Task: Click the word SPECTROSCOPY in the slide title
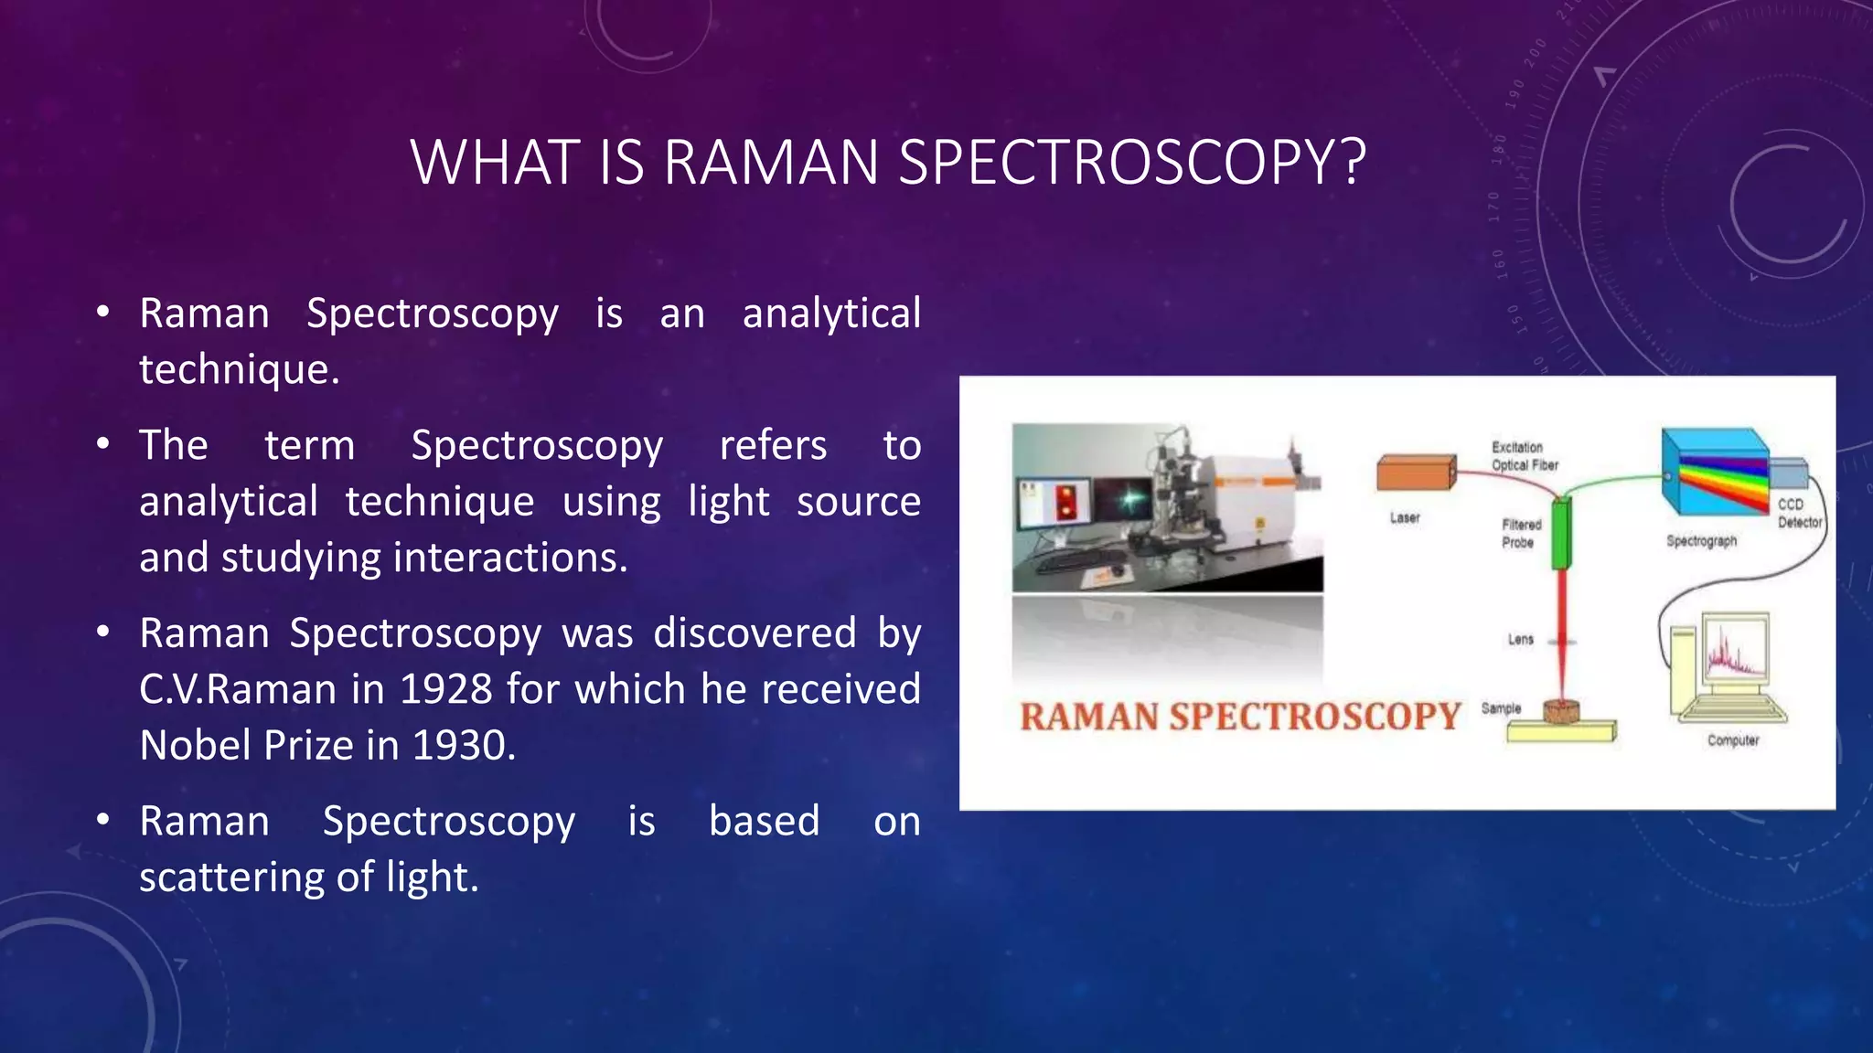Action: pyautogui.click(x=1132, y=163)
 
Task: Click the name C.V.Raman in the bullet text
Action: pyautogui.click(x=238, y=689)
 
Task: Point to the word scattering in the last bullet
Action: pyautogui.click(x=231, y=877)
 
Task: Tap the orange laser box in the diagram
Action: pyautogui.click(x=1415, y=473)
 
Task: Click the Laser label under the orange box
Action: pyautogui.click(x=1405, y=517)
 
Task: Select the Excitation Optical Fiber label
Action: pyautogui.click(x=1524, y=456)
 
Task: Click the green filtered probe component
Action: pyautogui.click(x=1561, y=533)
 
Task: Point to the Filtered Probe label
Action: pyautogui.click(x=1521, y=534)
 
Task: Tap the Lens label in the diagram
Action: pyautogui.click(x=1520, y=639)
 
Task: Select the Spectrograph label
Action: pyautogui.click(x=1701, y=541)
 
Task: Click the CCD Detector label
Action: pyautogui.click(x=1798, y=513)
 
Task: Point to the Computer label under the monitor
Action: pyautogui.click(x=1732, y=740)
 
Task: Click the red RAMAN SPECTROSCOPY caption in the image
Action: pyautogui.click(x=1239, y=717)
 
